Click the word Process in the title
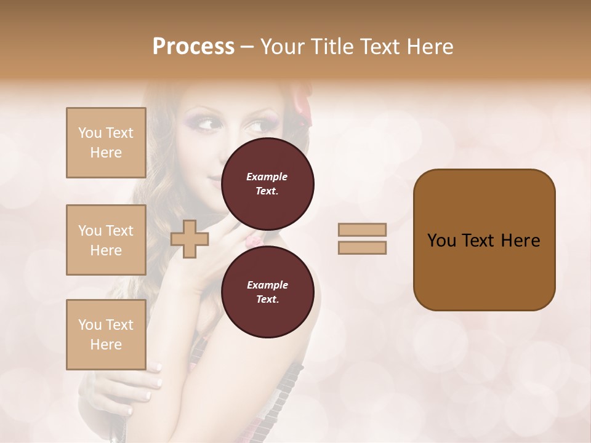click(x=193, y=47)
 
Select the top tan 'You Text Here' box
click(x=106, y=143)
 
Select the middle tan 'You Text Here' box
click(x=106, y=240)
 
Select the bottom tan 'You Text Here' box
click(x=106, y=335)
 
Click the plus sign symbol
click(x=190, y=239)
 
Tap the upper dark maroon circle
click(x=267, y=183)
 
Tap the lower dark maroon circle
click(x=267, y=292)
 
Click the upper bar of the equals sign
click(x=362, y=229)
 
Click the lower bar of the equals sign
click(x=362, y=247)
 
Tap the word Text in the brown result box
click(x=484, y=240)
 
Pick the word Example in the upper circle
click(x=267, y=177)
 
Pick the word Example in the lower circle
click(x=267, y=285)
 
